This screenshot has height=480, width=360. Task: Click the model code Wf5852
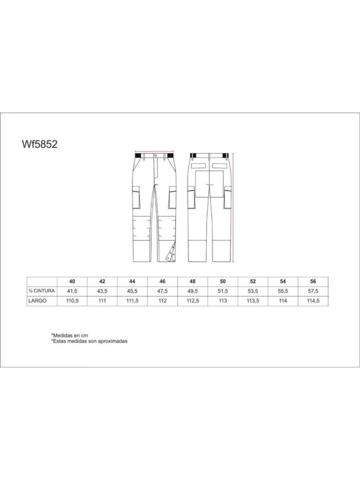[x=40, y=144]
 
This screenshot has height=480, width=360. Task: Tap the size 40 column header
[x=72, y=281]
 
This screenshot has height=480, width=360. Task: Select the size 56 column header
[x=313, y=281]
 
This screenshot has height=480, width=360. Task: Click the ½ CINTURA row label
[x=41, y=291]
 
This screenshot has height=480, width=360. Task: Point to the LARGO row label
[x=38, y=300]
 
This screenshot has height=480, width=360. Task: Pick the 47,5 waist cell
[x=163, y=291]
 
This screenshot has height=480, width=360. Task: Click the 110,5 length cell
[x=72, y=301]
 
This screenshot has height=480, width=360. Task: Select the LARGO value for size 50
[x=223, y=301]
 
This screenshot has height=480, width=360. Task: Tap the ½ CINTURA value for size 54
[x=283, y=291]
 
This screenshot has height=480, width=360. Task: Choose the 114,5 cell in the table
[x=313, y=301]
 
